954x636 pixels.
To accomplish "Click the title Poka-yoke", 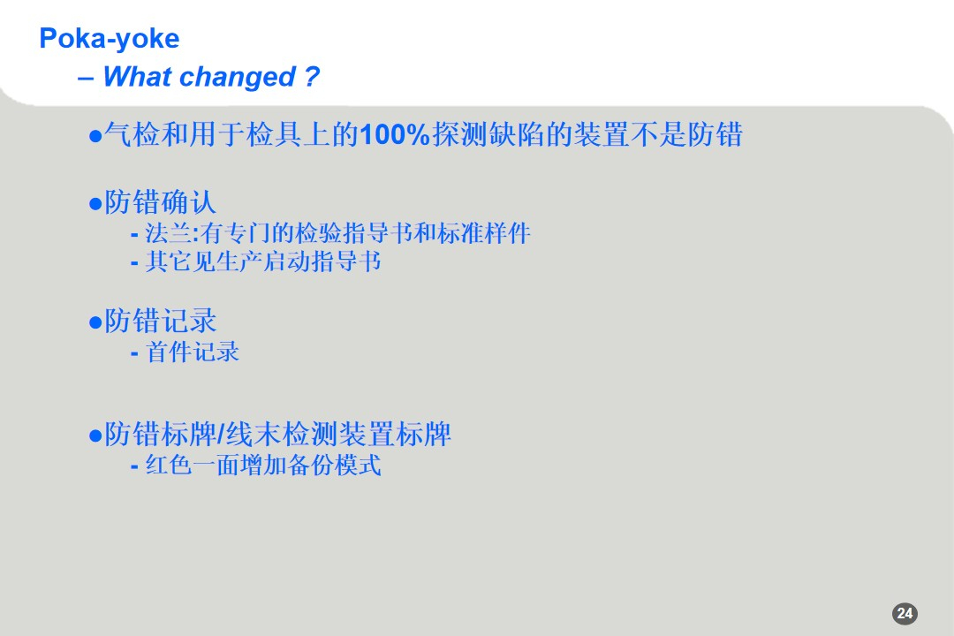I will [x=109, y=38].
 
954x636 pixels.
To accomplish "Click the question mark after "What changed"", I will [x=310, y=77].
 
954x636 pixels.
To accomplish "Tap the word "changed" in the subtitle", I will [x=237, y=77].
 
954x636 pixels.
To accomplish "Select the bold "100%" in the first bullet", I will [x=394, y=135].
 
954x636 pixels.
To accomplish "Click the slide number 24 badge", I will [x=905, y=614].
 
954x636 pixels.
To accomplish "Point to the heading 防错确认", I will [x=160, y=202].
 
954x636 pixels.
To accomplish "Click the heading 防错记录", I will [x=160, y=321].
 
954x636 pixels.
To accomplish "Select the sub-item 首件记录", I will [x=193, y=352].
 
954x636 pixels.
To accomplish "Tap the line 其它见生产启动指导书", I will [x=262, y=261].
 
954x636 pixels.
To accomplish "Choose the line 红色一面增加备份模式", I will [x=262, y=465].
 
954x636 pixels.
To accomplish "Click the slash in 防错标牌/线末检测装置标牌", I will [x=221, y=435].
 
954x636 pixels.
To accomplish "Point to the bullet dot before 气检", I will [x=95, y=136].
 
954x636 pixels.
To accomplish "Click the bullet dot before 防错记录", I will [x=95, y=322].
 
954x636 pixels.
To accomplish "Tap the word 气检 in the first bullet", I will [x=132, y=135].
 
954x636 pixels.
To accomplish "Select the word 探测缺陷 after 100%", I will [x=488, y=135].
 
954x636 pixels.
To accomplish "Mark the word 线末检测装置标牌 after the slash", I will [x=338, y=435].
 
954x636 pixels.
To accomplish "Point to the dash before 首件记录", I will [x=134, y=352].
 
